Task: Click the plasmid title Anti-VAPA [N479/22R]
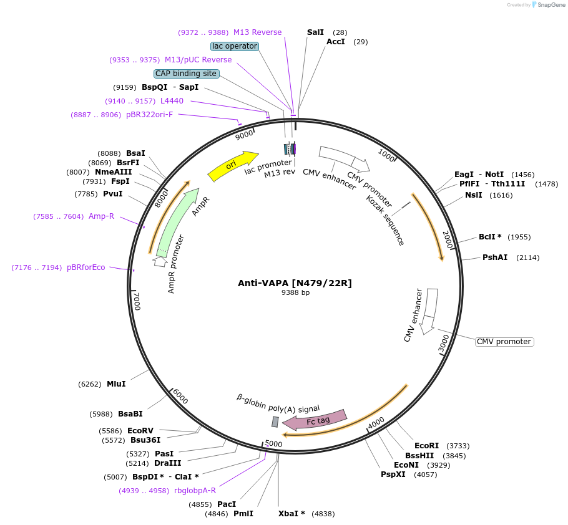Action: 295,283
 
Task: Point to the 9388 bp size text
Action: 295,292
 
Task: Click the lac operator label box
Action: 235,46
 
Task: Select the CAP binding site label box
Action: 186,74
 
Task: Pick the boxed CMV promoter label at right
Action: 504,342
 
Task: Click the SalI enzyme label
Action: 315,32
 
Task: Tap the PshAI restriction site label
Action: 494,258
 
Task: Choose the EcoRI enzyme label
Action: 426,446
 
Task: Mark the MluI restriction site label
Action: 116,384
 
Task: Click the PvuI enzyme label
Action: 113,194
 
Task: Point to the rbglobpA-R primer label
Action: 195,491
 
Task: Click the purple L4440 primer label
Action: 172,101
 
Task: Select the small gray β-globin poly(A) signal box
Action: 275,422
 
